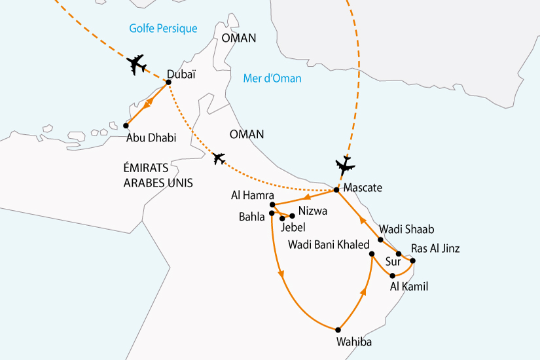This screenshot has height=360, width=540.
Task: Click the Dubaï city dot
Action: pos(169,82)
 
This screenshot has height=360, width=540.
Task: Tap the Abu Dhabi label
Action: pos(152,137)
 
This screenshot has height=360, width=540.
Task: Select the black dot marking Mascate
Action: pos(336,190)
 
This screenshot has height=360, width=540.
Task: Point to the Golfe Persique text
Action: pos(163,28)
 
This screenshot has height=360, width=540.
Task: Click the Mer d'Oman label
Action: pos(272,79)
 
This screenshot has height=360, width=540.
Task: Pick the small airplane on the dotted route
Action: pos(219,158)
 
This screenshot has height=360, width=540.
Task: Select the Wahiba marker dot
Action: pos(338,329)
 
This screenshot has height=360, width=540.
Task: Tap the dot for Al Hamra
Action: pos(272,205)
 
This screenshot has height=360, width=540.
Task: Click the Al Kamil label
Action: pos(408,286)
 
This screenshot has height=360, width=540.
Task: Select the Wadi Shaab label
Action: pos(407,230)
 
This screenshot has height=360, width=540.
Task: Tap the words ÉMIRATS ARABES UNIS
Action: pos(158,176)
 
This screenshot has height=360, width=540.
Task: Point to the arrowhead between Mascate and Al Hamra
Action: pos(306,197)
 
